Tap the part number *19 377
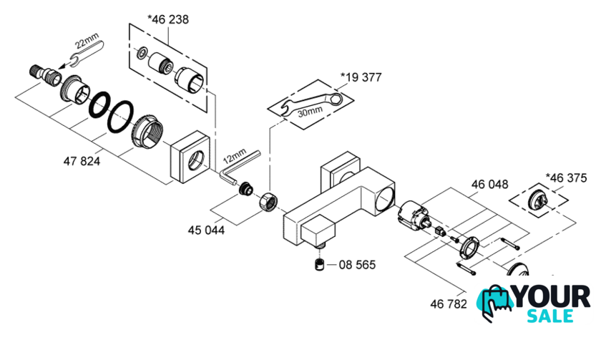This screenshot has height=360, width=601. [x=363, y=77]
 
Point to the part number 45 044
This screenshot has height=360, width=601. [x=206, y=230]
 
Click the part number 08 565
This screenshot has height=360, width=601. [x=356, y=265]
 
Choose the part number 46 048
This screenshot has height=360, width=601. [x=489, y=184]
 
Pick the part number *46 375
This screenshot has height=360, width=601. [x=567, y=177]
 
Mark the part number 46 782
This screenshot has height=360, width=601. [x=448, y=304]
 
